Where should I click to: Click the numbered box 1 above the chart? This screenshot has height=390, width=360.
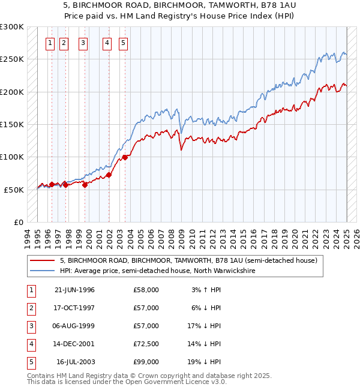point(49,43)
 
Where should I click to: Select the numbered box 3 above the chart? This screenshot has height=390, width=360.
point(82,43)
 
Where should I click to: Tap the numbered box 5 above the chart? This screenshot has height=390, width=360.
point(123,43)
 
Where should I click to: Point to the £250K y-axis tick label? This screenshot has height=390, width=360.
point(12,59)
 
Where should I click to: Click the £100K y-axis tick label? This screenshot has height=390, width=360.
point(12,157)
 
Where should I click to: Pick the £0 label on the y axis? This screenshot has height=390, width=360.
point(19,222)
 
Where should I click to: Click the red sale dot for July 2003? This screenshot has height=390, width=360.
point(125,157)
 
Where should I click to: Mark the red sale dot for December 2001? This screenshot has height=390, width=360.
point(109,175)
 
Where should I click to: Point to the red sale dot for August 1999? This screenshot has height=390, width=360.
point(85,185)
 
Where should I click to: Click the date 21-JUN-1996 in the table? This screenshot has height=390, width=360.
point(74,290)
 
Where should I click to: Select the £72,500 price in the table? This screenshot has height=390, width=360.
point(146,344)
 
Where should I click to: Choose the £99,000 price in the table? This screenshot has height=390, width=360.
point(146,362)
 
